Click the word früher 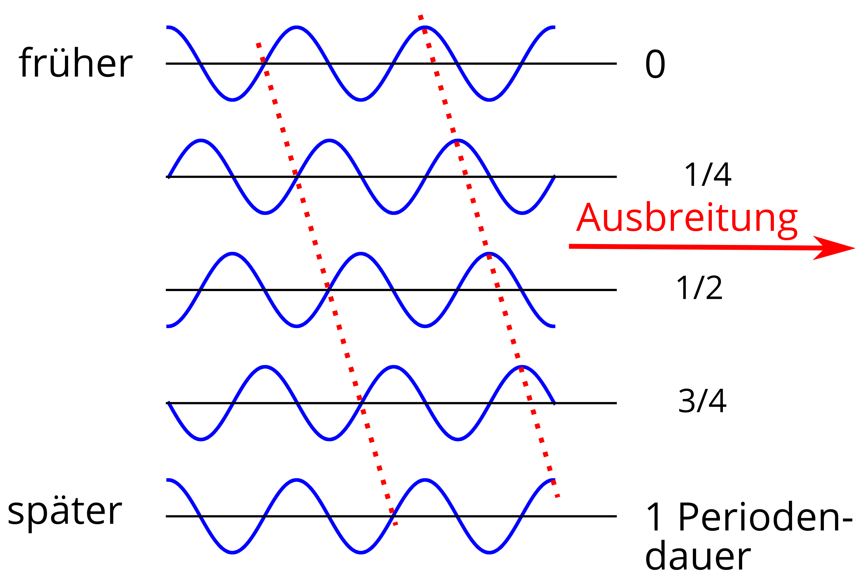[x=75, y=63]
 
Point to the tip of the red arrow [x=855, y=248]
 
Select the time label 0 [x=655, y=64]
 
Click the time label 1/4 [x=708, y=175]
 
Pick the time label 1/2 [x=699, y=288]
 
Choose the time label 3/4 [x=702, y=401]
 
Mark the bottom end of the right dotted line [x=559, y=497]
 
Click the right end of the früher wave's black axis [x=617, y=64]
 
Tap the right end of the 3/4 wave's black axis [x=617, y=403]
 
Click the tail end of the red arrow [x=569, y=246]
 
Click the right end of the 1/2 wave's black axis [x=617, y=290]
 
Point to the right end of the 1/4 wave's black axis [x=617, y=177]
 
